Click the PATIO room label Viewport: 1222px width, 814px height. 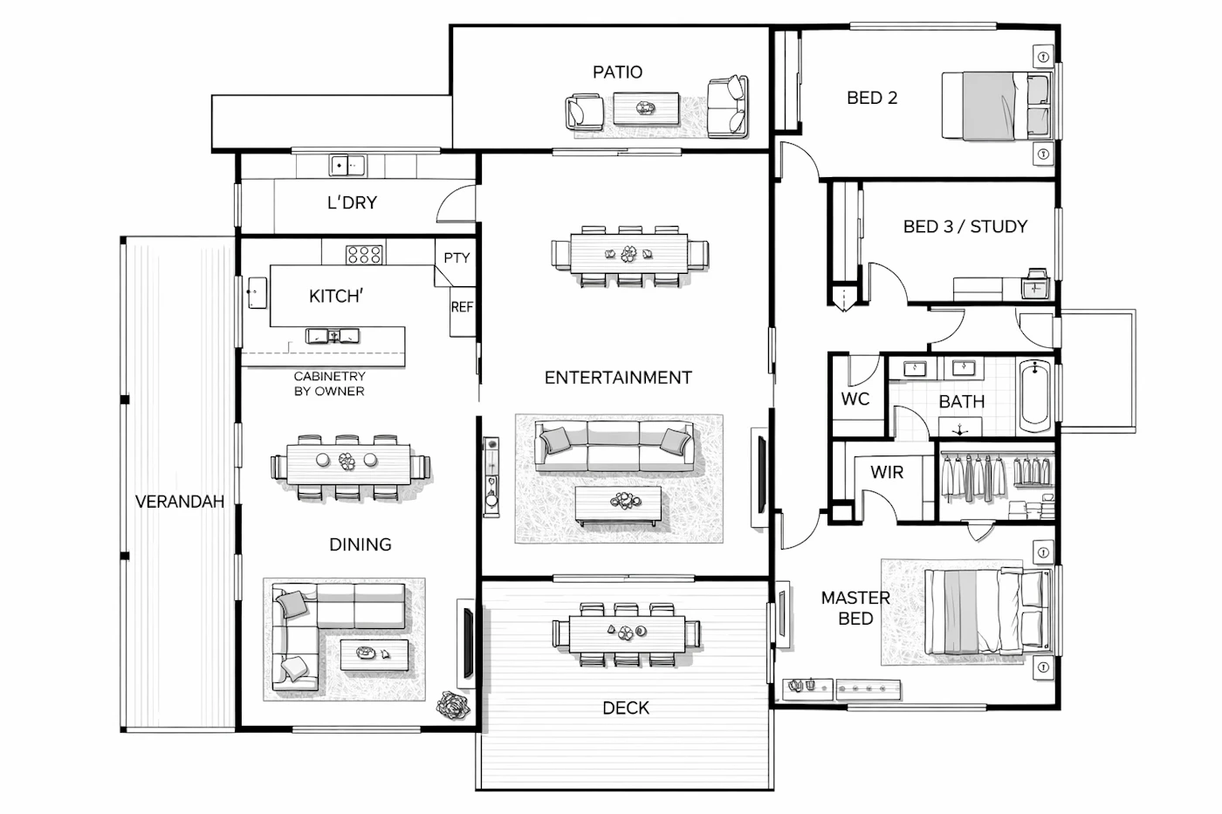[x=618, y=72]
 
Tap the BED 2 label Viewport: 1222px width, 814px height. [x=872, y=98]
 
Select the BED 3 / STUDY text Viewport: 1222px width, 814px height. [x=965, y=226]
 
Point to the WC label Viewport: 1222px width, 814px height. [x=855, y=399]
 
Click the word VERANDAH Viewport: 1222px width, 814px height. [x=180, y=502]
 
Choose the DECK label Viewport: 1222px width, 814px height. [x=626, y=708]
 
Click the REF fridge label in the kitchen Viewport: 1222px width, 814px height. [x=462, y=307]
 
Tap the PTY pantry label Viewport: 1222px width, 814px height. [x=457, y=258]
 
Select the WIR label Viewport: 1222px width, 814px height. [x=887, y=472]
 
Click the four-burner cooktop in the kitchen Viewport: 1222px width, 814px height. [x=364, y=255]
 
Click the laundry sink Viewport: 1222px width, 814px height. [x=347, y=165]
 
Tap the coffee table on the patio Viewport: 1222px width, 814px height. [x=646, y=108]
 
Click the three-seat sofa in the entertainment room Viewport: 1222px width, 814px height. [x=614, y=446]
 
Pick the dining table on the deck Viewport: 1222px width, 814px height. [x=627, y=634]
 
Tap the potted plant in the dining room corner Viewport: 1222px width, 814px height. [x=453, y=706]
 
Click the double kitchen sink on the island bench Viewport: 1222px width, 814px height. [x=333, y=336]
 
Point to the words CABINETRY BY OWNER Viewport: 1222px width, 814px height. [x=330, y=384]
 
